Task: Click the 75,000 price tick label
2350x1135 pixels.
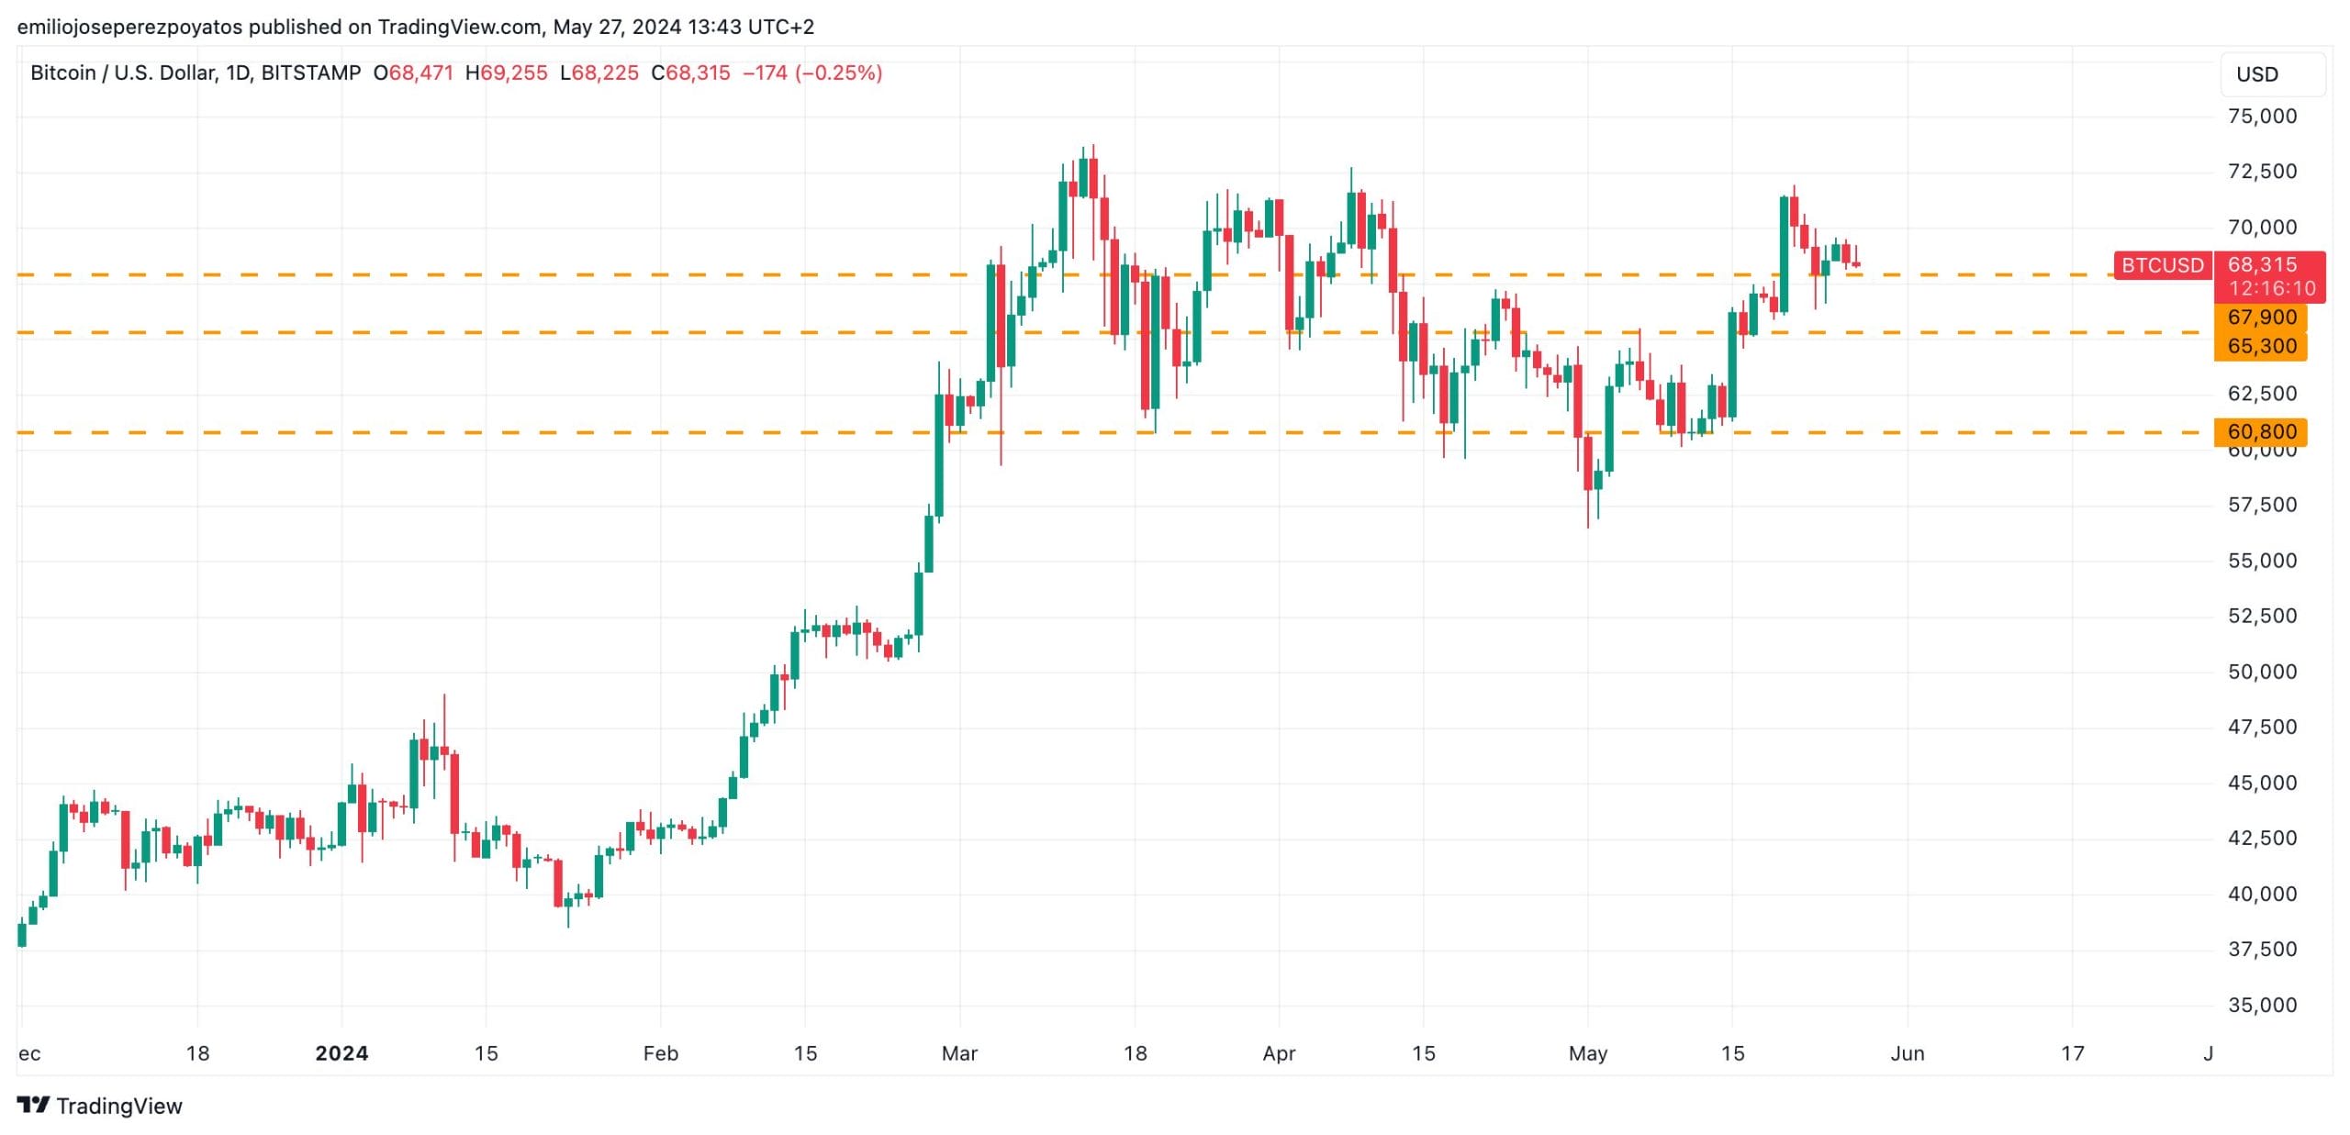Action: (2262, 117)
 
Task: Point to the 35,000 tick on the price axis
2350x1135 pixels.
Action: (2262, 1005)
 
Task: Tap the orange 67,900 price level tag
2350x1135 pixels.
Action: (2261, 317)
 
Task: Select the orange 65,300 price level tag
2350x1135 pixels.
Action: (2261, 346)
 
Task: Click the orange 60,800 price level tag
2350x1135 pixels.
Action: (2261, 431)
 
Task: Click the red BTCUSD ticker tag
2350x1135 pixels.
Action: (2162, 265)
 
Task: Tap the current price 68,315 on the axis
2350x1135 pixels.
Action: (2262, 265)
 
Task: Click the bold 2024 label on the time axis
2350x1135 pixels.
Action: (341, 1053)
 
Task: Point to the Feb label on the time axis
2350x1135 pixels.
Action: (660, 1053)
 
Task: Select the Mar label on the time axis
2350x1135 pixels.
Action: (959, 1053)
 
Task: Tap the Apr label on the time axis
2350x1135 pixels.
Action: (1279, 1053)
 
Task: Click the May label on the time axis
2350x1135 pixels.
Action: (1587, 1053)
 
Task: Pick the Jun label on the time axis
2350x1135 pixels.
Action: (1907, 1053)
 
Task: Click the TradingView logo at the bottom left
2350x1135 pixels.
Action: (100, 1106)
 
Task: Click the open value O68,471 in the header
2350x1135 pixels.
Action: (413, 72)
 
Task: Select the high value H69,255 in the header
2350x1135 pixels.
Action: (506, 72)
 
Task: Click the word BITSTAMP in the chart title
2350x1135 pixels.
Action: (310, 72)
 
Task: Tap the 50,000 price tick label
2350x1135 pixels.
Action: (2262, 672)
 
